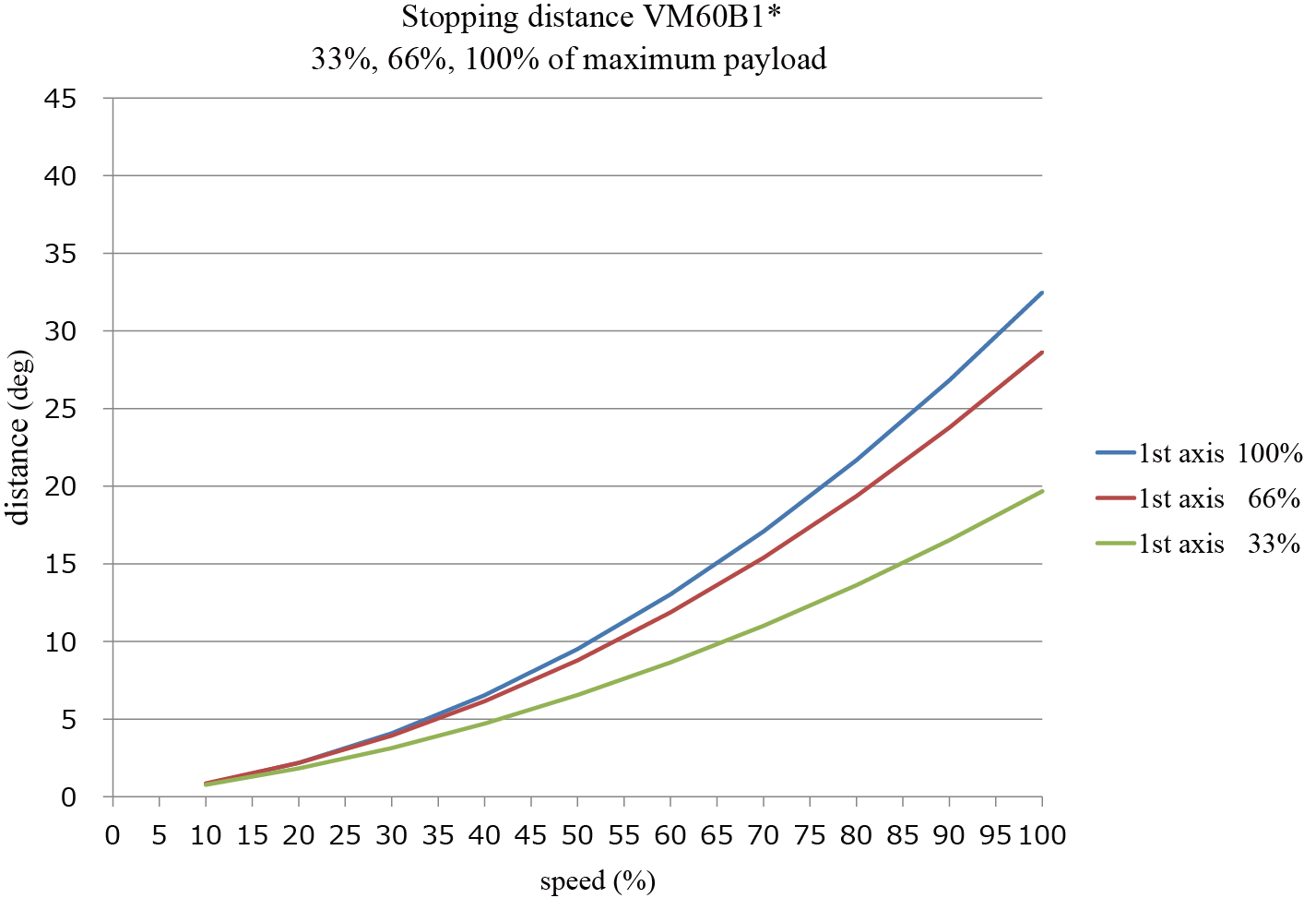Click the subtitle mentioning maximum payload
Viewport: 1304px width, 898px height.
(568, 59)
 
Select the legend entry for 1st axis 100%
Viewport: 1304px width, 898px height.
(1199, 453)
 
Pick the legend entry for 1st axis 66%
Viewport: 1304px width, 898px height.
(1199, 498)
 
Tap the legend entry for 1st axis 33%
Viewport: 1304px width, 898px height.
(1199, 544)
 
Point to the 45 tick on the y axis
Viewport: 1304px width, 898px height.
(63, 98)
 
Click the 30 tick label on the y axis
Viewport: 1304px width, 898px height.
(63, 330)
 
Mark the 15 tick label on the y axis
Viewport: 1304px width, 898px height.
(63, 564)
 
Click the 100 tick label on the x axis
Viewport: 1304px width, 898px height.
(1041, 835)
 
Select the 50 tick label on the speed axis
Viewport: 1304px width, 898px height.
(577, 835)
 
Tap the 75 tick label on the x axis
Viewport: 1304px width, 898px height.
(810, 835)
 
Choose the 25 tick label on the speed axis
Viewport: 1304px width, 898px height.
(345, 835)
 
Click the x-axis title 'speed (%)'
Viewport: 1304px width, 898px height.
(598, 881)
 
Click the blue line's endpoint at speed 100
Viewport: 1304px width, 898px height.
(1042, 293)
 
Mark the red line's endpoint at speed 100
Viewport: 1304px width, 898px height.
(1042, 352)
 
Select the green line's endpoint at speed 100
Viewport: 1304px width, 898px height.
(1042, 491)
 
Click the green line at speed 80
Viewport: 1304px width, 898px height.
(857, 585)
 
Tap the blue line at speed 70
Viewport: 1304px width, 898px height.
(764, 531)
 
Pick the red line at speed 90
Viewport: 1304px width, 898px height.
(949, 427)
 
